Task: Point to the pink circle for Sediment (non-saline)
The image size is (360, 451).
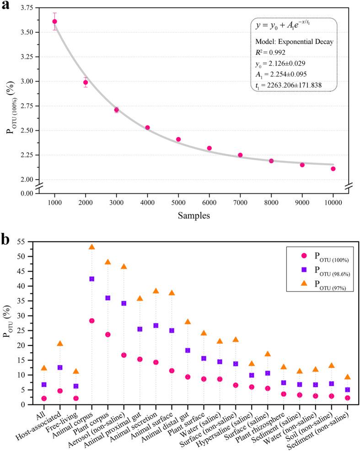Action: [347, 398]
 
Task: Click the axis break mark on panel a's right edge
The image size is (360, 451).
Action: [349, 185]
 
